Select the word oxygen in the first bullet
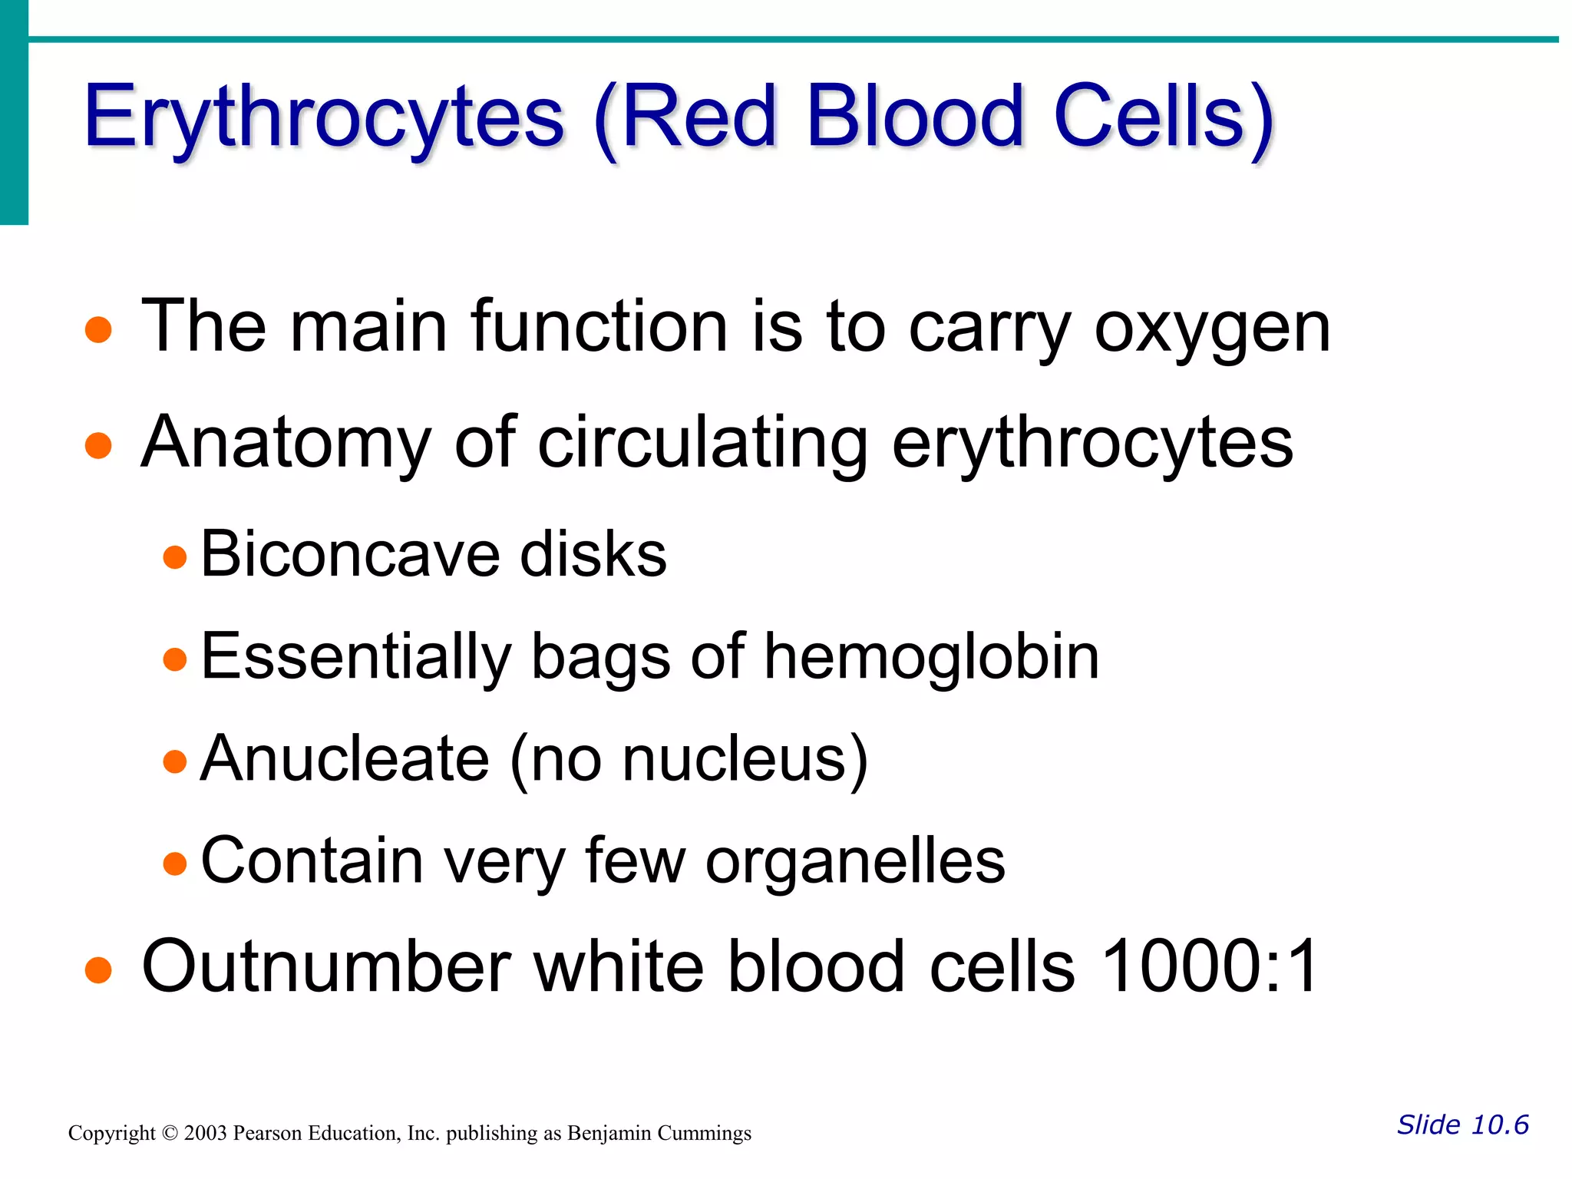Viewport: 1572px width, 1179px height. (1212, 328)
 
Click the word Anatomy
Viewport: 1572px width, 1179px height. (286, 443)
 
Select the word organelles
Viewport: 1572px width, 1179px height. (854, 861)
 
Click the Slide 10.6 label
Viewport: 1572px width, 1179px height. (1462, 1125)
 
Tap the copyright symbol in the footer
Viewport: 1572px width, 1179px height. (170, 1134)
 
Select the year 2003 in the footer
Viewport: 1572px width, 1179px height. (206, 1134)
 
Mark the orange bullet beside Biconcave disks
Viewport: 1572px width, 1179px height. (175, 556)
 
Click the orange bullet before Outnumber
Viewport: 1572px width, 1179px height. (98, 969)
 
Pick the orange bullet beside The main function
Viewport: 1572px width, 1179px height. (98, 330)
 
